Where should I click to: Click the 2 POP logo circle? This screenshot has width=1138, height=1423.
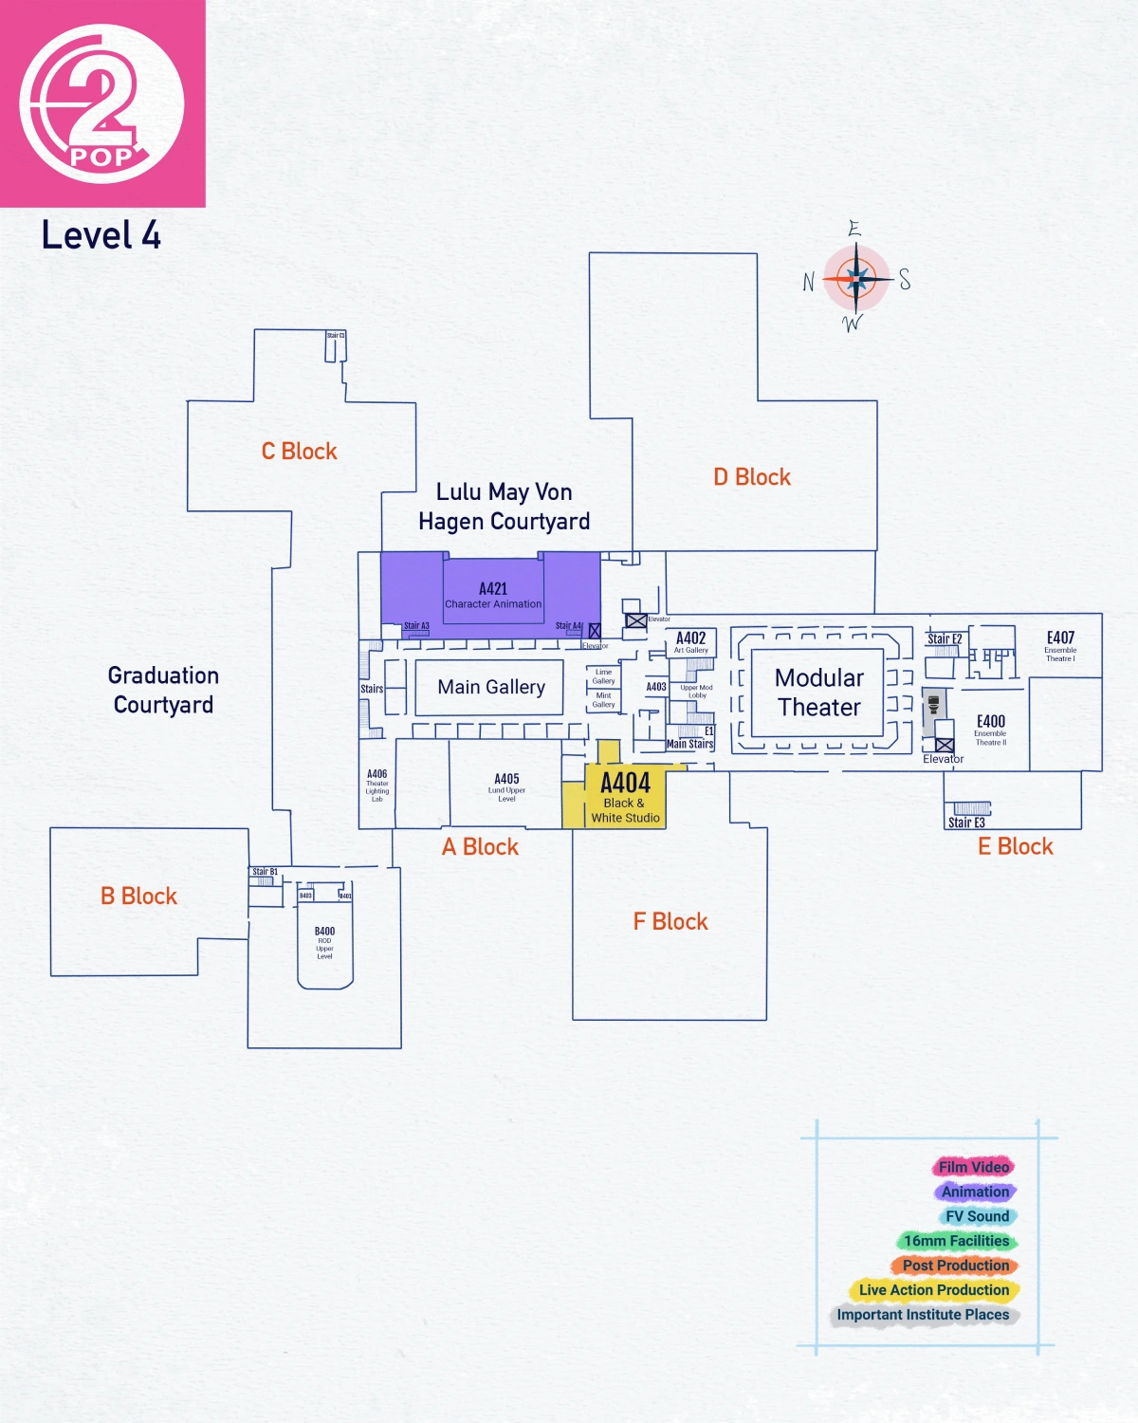tap(101, 103)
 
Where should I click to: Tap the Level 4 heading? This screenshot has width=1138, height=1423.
tap(101, 235)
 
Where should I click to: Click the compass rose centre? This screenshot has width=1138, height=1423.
tap(856, 278)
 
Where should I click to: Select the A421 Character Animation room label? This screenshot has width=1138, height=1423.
tap(493, 596)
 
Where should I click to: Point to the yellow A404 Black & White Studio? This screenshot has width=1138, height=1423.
tap(625, 798)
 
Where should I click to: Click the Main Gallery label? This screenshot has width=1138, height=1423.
tap(491, 687)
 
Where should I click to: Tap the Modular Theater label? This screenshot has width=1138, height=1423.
tap(819, 693)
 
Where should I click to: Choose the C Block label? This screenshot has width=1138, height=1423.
tap(299, 452)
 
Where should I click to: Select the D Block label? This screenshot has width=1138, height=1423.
tap(752, 477)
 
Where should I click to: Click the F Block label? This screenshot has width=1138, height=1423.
tap(670, 922)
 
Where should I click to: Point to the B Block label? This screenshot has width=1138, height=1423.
tap(138, 896)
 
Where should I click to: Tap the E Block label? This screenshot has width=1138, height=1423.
tap(1016, 847)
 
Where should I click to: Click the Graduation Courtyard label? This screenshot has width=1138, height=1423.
tap(163, 690)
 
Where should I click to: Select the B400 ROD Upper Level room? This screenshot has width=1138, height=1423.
tap(324, 943)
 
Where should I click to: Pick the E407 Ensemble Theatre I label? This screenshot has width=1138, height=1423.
tap(1060, 645)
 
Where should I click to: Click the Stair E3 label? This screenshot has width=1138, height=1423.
tap(966, 822)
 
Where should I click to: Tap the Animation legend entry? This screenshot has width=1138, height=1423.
tap(975, 1192)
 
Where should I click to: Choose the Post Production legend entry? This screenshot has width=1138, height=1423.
tap(955, 1266)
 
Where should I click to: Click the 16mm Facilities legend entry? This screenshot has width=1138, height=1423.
tap(956, 1241)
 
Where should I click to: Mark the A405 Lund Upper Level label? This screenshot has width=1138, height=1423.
tap(506, 786)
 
